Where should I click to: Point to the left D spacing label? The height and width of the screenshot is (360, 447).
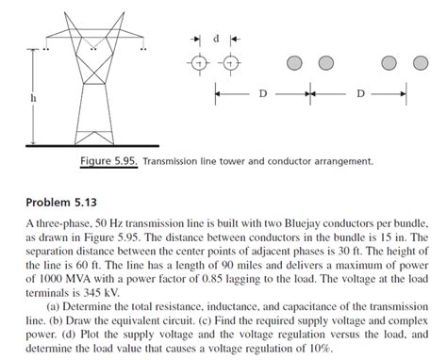tap(261, 94)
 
